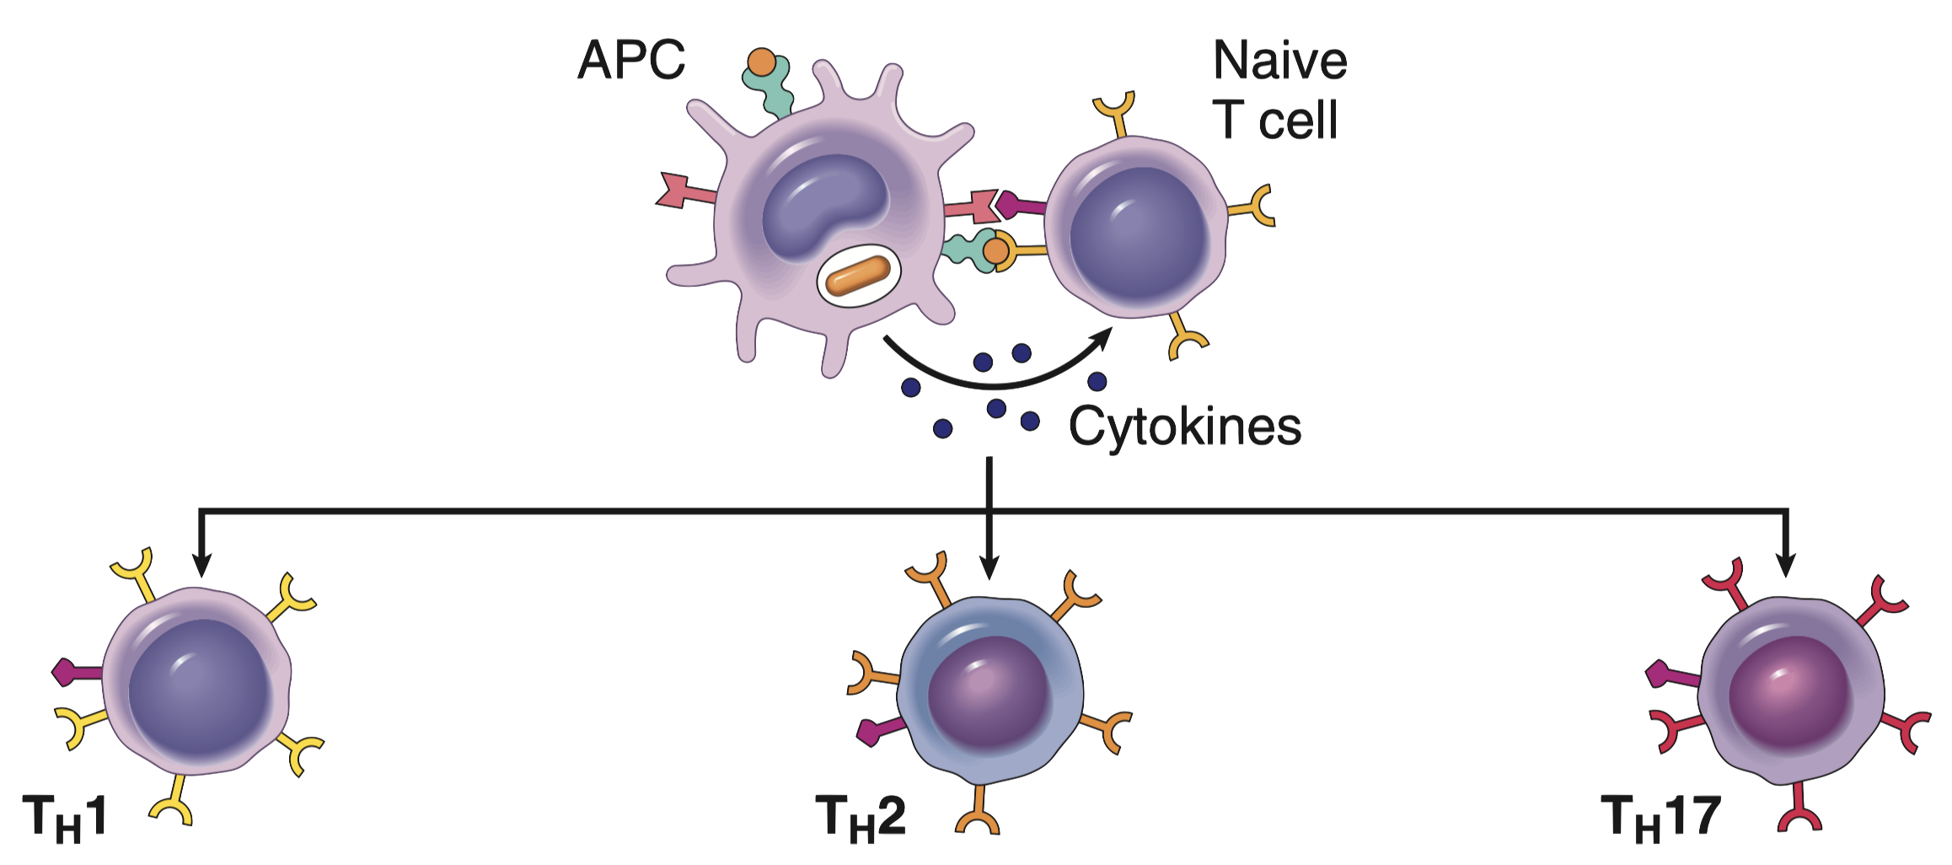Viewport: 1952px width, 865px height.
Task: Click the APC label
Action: (631, 61)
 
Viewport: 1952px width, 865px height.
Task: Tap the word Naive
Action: (1279, 61)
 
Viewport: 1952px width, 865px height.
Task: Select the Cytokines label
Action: (1184, 427)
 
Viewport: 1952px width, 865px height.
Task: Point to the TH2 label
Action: (860, 817)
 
